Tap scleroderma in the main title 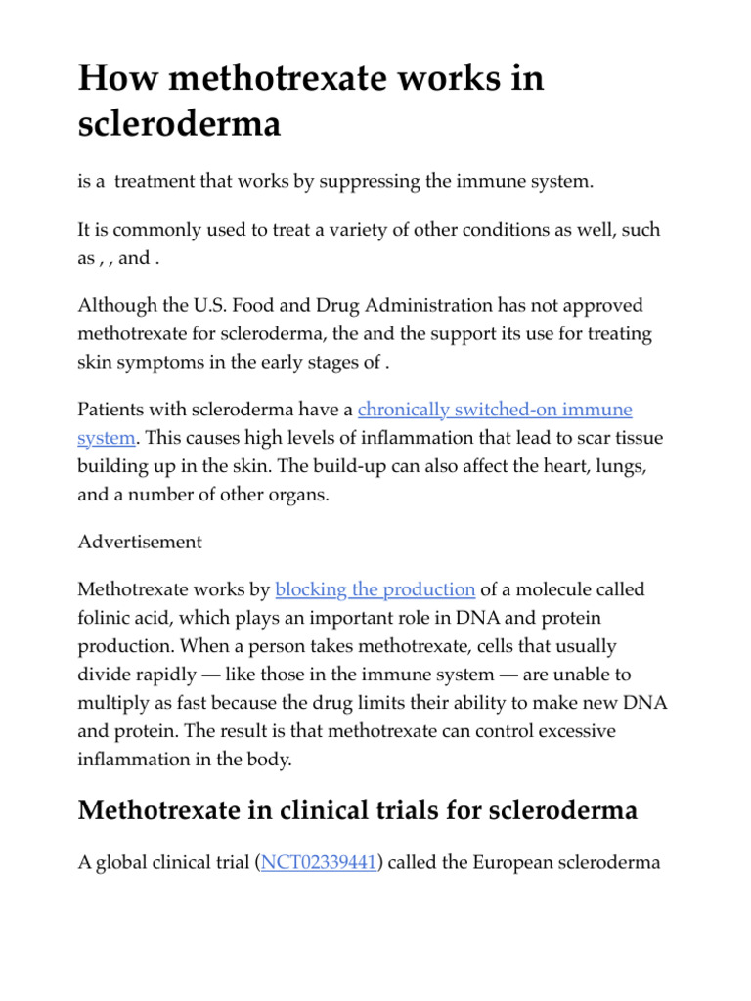click(179, 124)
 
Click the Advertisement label click(140, 542)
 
